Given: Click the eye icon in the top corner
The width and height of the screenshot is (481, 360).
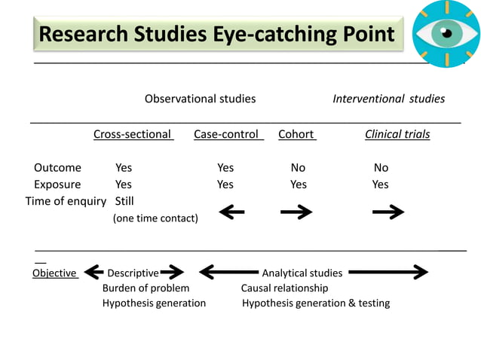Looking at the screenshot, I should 446,33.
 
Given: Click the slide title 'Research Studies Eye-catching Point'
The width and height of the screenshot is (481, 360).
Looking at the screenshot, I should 216,34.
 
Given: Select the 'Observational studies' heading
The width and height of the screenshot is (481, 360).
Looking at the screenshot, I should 200,99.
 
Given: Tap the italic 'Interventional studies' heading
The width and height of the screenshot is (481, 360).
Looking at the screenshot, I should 388,99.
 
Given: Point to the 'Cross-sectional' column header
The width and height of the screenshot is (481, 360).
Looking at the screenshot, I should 133,135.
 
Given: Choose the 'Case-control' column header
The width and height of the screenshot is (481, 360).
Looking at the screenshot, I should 227,135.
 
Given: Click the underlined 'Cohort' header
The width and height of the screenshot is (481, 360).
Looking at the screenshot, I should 296,135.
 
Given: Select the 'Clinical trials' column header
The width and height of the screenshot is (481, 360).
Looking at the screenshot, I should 397,135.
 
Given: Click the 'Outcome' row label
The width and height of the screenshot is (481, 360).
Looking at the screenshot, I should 57,168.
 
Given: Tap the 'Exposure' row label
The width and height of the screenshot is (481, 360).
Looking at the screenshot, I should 57,185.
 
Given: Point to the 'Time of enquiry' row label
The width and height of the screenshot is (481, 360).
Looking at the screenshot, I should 66,201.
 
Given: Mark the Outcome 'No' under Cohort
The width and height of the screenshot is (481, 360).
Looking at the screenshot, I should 298,168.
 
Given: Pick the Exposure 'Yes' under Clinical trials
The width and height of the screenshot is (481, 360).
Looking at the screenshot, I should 380,185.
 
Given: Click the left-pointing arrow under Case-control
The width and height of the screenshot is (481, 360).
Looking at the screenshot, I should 231,213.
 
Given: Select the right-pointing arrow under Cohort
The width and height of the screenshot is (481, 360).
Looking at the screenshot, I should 296,213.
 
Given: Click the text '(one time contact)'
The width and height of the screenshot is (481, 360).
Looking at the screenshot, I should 155,218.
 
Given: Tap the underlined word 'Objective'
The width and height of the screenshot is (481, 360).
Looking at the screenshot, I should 54,273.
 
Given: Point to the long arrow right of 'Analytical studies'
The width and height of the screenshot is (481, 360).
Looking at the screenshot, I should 388,273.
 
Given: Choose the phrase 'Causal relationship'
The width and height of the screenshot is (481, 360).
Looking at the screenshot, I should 284,288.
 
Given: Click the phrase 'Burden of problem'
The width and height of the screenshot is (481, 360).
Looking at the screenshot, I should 146,288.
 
